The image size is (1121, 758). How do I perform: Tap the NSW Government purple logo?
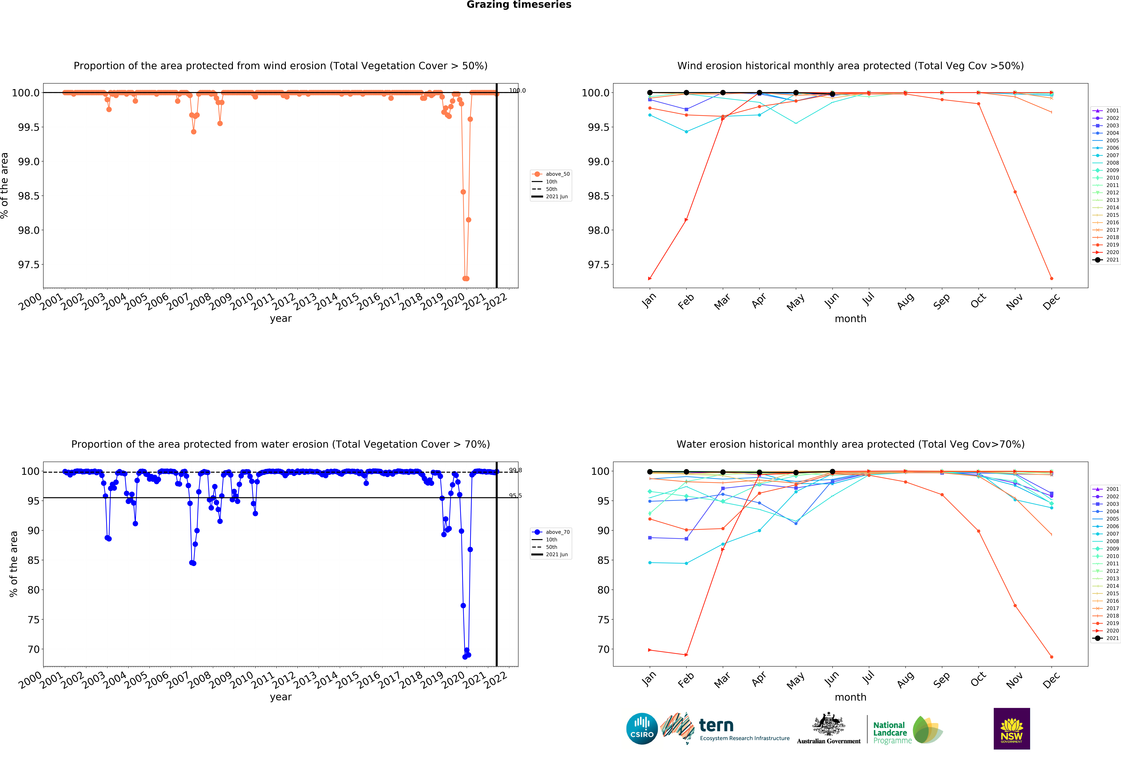pyautogui.click(x=1012, y=729)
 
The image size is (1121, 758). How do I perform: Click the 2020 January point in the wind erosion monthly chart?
pyautogui.click(x=650, y=278)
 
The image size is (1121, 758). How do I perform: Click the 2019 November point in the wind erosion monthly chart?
pyautogui.click(x=1015, y=192)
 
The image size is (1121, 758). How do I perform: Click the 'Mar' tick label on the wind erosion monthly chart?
pyautogui.click(x=722, y=302)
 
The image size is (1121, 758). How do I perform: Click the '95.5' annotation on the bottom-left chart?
pyautogui.click(x=515, y=496)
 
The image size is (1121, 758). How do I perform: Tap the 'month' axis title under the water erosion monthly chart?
pyautogui.click(x=850, y=697)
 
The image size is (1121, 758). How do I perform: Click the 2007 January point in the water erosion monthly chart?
pyautogui.click(x=650, y=563)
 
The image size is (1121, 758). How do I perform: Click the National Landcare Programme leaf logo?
pyautogui.click(x=927, y=730)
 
